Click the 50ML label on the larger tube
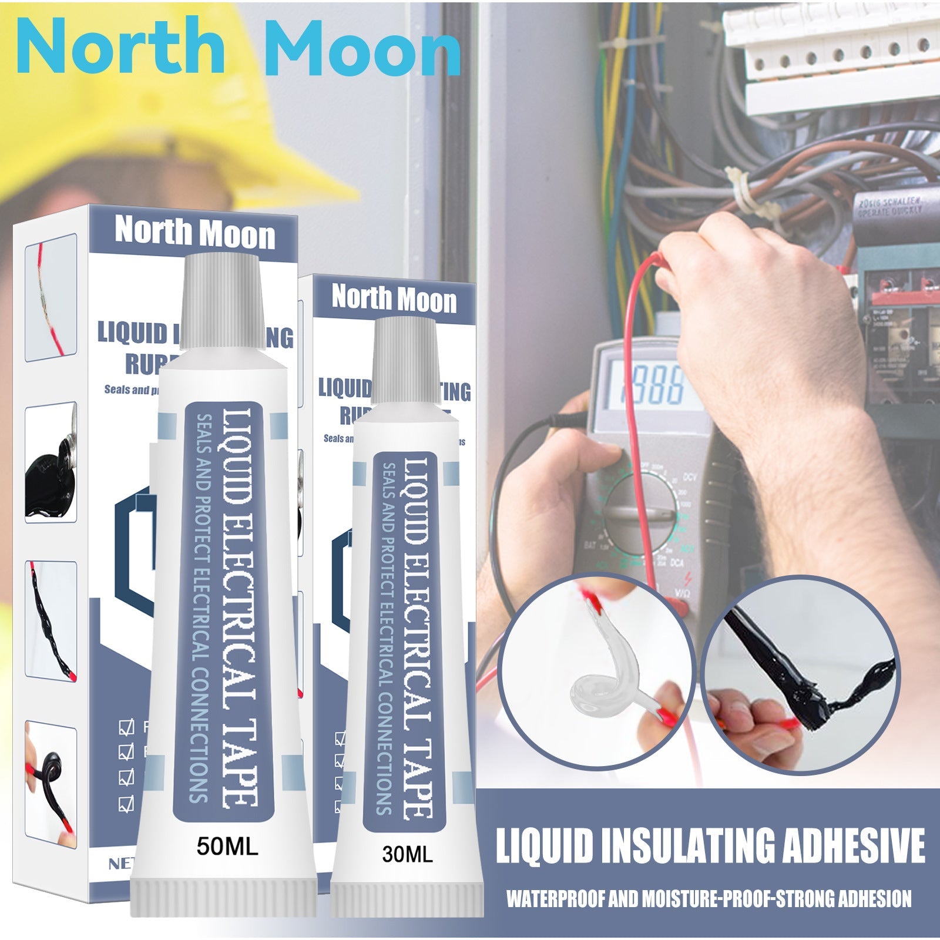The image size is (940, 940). click(x=227, y=848)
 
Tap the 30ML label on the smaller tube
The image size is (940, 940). click(x=407, y=854)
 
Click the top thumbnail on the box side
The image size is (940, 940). click(x=52, y=297)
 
